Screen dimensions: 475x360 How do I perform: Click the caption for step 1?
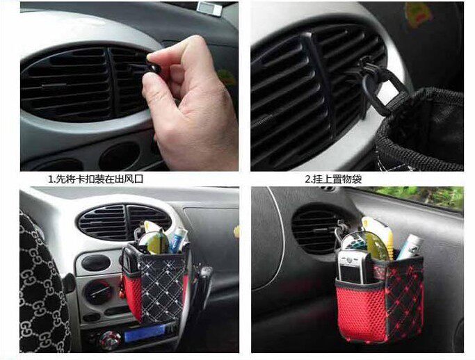(96, 179)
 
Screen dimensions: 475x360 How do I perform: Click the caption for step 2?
(333, 179)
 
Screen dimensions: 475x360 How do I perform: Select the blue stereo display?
(145, 333)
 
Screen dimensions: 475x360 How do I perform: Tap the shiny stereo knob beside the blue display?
(109, 341)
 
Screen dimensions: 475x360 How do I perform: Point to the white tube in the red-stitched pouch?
(409, 247)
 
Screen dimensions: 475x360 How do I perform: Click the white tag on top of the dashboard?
(209, 8)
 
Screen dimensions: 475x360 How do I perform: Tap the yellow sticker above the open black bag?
(419, 15)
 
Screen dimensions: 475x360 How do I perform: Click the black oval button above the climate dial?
(96, 263)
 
